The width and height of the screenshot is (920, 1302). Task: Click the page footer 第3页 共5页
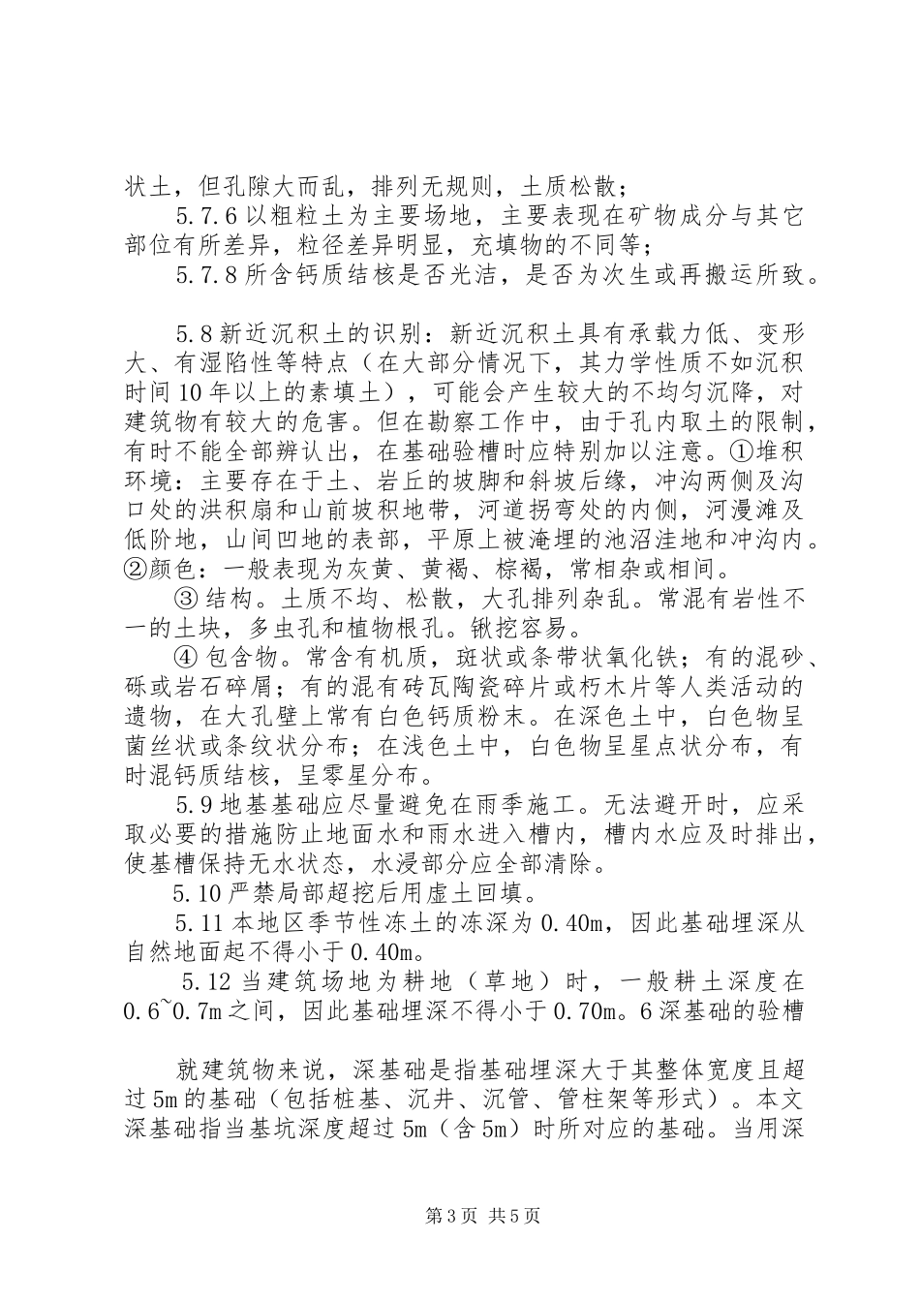(459, 1216)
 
